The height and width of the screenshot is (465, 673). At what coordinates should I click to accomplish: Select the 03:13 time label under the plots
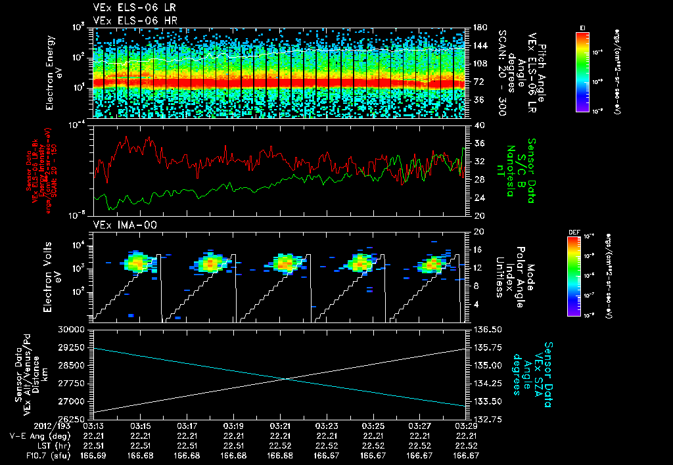click(95, 426)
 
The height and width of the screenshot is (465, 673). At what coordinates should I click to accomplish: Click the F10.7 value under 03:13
click(95, 455)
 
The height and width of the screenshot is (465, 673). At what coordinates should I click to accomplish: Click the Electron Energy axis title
click(53, 72)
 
